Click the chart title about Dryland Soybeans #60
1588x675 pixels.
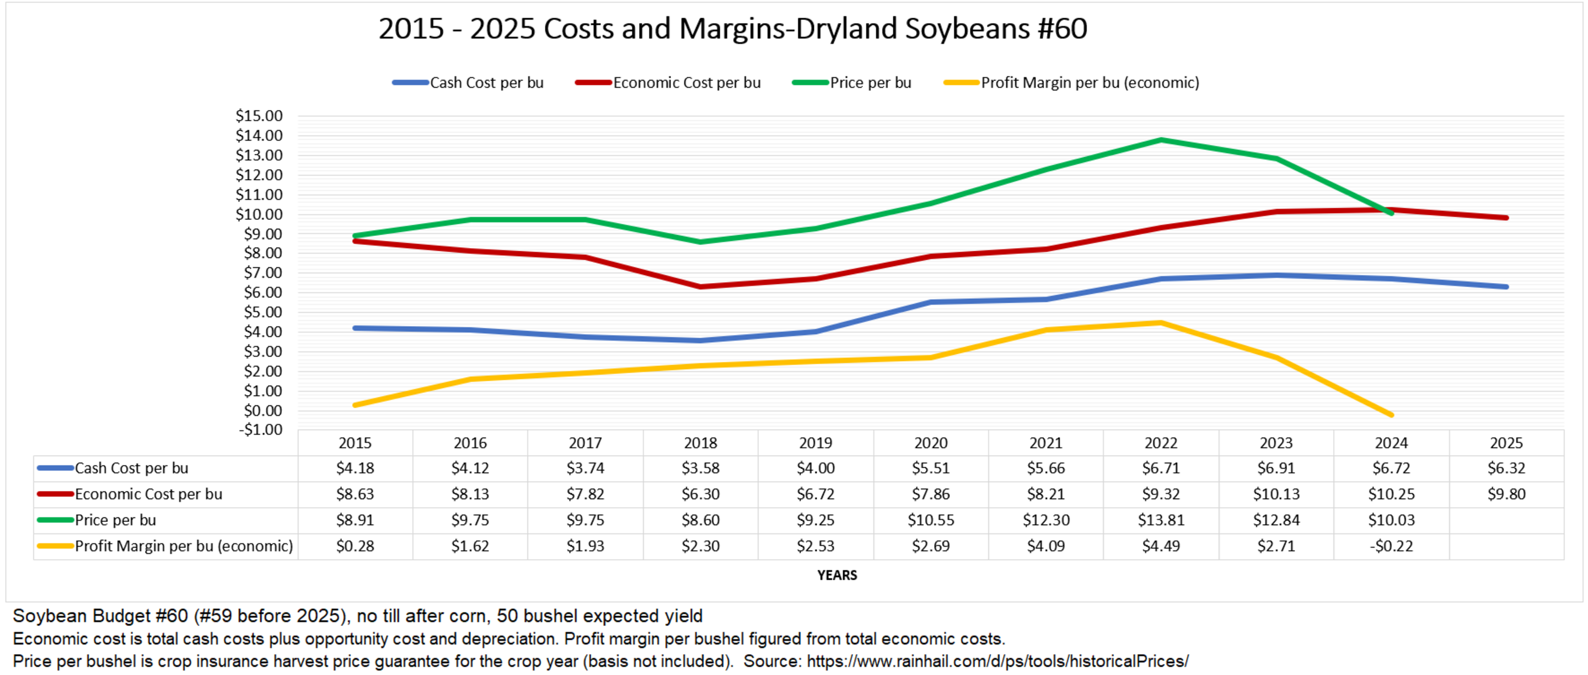pos(732,29)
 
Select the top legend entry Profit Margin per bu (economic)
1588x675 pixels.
pos(1090,83)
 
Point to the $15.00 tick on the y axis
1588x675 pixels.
pos(259,116)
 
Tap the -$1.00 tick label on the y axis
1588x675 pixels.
pos(260,429)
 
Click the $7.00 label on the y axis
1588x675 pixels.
pos(262,273)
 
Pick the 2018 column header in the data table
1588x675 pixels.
pos(700,443)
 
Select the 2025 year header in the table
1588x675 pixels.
pos(1506,443)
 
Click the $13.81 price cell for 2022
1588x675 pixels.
pos(1161,520)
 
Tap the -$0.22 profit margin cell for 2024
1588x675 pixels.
pos(1391,546)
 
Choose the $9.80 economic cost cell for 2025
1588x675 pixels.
pos(1506,494)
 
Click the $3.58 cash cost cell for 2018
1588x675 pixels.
pos(700,468)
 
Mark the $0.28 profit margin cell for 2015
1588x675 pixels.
pos(355,546)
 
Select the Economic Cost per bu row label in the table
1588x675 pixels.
pos(148,494)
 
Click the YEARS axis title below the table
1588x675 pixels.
pos(836,575)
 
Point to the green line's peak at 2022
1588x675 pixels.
pos(1161,140)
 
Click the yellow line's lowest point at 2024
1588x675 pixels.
pos(1391,414)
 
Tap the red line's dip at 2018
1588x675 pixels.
pos(700,287)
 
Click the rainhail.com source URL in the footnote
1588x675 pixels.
pos(997,661)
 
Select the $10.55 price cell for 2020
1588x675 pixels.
pos(930,520)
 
